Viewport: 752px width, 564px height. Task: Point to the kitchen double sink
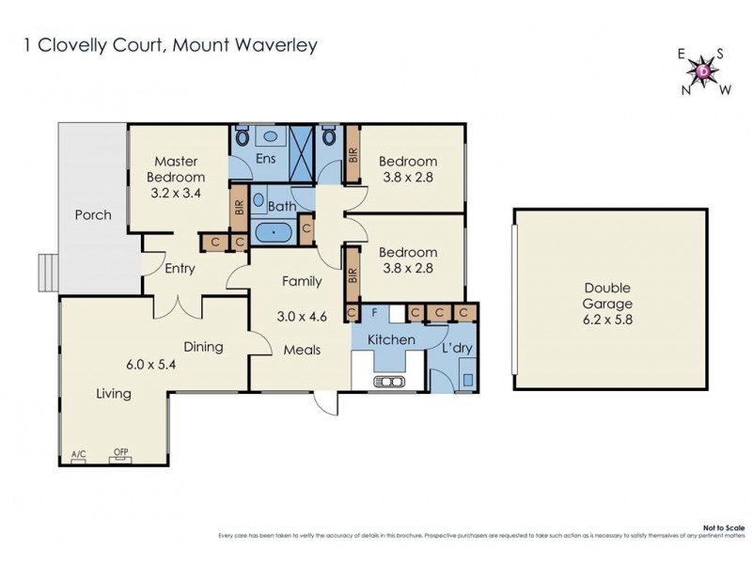point(390,381)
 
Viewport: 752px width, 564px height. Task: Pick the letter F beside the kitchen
point(374,311)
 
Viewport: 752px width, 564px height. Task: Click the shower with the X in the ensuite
point(300,150)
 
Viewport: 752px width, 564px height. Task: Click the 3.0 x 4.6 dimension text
point(303,317)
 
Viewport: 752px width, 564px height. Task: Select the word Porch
point(93,215)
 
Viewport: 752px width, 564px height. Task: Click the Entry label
point(180,269)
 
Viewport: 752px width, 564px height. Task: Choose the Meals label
point(302,350)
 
